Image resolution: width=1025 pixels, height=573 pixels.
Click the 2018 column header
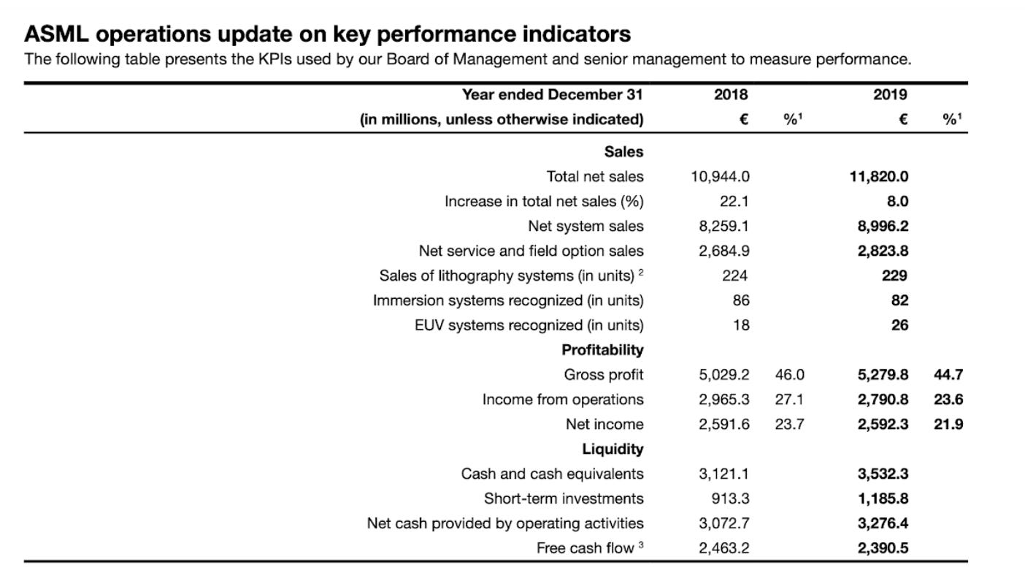732,94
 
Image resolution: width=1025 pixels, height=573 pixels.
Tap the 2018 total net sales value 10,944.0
720,176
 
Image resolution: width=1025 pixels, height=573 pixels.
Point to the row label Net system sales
586,226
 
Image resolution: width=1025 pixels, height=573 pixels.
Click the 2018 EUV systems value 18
740,325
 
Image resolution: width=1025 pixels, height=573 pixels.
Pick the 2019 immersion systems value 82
899,300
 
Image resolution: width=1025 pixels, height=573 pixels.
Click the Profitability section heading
602,350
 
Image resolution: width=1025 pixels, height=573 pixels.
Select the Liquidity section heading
613,449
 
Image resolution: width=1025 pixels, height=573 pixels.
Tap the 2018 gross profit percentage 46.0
789,375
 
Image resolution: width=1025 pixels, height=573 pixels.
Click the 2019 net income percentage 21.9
948,424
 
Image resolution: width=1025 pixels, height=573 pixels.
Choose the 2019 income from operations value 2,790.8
883,399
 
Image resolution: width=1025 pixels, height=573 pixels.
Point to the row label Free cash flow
585,548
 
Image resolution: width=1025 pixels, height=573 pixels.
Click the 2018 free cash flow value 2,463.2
724,548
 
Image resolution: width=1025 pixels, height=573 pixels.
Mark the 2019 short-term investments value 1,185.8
883,498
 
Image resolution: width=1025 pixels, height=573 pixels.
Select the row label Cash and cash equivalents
552,474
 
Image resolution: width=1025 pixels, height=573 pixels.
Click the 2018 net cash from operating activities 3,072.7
724,523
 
